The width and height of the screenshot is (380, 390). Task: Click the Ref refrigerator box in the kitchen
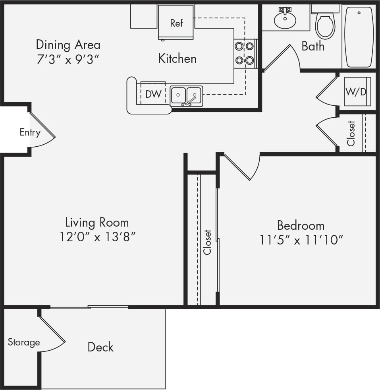pyautogui.click(x=176, y=22)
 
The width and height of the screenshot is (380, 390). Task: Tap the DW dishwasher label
pyautogui.click(x=153, y=94)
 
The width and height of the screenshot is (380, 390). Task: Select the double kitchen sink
pyautogui.click(x=186, y=96)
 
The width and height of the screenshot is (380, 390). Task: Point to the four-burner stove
pyautogui.click(x=244, y=53)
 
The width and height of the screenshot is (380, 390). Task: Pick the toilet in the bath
pyautogui.click(x=325, y=25)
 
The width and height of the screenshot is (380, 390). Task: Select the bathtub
pyautogui.click(x=359, y=37)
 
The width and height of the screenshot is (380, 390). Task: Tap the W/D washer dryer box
pyautogui.click(x=356, y=91)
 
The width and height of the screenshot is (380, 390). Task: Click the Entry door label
pyautogui.click(x=30, y=132)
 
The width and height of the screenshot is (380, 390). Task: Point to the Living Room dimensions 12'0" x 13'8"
pyautogui.click(x=97, y=237)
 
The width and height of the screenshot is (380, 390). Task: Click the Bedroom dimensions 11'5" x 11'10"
pyautogui.click(x=301, y=240)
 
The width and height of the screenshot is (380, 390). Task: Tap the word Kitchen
pyautogui.click(x=177, y=58)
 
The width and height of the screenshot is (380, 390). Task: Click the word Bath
pyautogui.click(x=312, y=46)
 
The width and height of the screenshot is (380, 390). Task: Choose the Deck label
pyautogui.click(x=100, y=347)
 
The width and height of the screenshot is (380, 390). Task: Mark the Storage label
pyautogui.click(x=24, y=342)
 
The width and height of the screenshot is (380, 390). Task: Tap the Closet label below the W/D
pyautogui.click(x=351, y=133)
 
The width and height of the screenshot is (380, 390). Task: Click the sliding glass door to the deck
pyautogui.click(x=89, y=307)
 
